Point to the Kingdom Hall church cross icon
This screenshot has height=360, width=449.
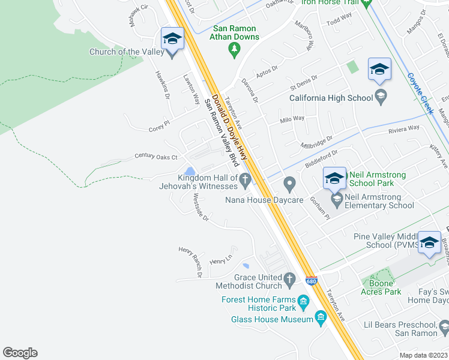coord(245,179)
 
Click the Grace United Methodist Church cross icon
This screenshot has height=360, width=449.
coord(290,280)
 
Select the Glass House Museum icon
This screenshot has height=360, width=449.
coord(321,316)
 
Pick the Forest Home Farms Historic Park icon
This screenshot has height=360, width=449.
coord(304,300)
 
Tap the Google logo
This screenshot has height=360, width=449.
coord(20,353)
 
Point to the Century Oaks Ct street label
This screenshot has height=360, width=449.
coord(155,157)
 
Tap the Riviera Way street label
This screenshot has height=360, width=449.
coord(403,128)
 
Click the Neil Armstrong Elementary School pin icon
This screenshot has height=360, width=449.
coord(337,199)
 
